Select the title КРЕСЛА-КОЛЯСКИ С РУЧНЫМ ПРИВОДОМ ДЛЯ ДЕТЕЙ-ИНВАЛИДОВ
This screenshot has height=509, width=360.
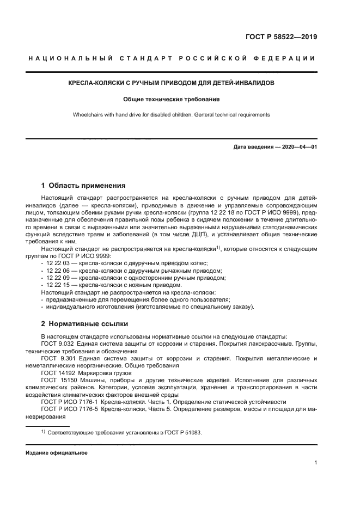tap(170, 83)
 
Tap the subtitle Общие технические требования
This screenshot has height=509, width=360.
tap(170, 100)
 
